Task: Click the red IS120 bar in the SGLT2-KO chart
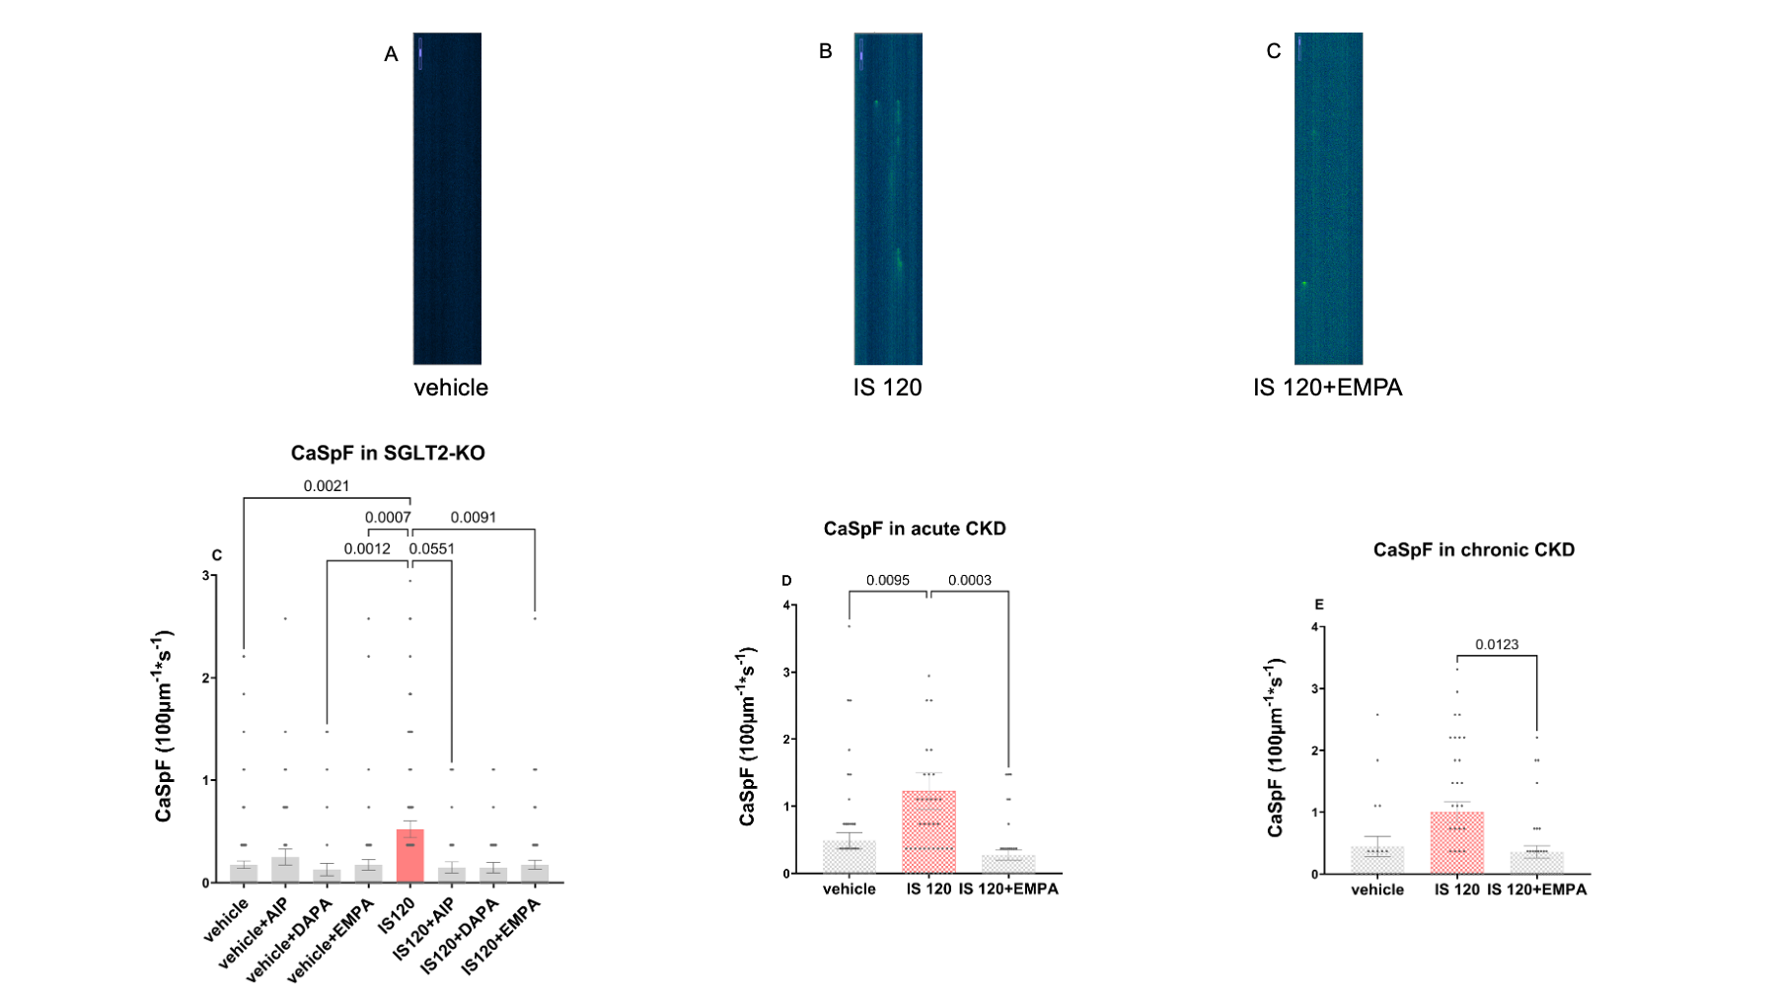(409, 856)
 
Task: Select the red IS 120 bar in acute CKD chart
(928, 832)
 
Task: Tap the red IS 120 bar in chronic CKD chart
(1456, 843)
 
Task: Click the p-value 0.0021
(326, 486)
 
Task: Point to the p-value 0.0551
(432, 549)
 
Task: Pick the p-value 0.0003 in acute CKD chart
(969, 581)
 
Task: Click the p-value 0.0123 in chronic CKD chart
(1497, 645)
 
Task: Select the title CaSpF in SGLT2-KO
(388, 454)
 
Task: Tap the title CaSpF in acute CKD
(915, 529)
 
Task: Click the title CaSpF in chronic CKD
(1473, 550)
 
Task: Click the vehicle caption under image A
(451, 388)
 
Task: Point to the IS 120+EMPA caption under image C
(1327, 388)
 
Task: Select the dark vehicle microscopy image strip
(447, 198)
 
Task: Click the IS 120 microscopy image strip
(888, 198)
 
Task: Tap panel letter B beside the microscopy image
(826, 51)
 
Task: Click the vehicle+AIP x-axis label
(256, 932)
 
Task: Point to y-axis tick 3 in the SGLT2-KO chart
(206, 576)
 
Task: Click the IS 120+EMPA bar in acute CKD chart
(1008, 864)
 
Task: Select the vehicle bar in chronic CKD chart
(1377, 860)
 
